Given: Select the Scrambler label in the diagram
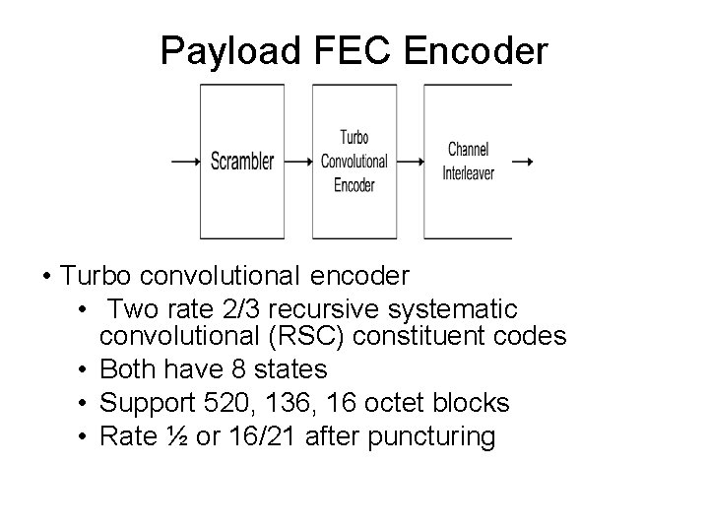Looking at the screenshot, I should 242,162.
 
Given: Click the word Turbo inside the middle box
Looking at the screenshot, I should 354,138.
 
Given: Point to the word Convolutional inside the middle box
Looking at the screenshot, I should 354,161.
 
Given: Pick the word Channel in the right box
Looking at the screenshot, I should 468,150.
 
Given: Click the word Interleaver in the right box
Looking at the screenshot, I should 468,173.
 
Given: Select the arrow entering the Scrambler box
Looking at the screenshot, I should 185,162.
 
